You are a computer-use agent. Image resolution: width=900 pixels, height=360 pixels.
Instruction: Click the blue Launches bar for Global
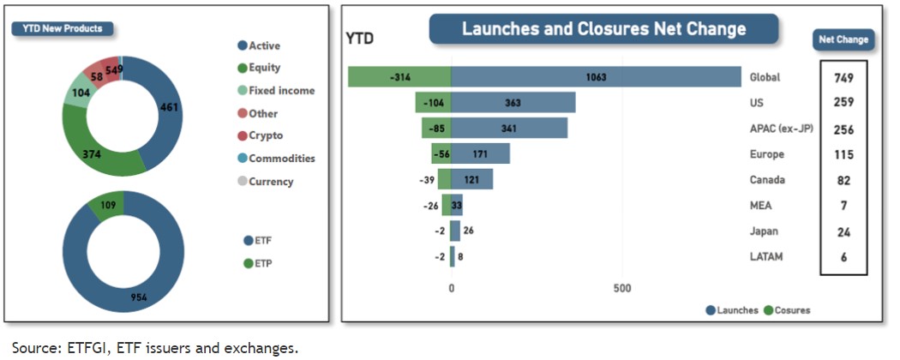pos(596,77)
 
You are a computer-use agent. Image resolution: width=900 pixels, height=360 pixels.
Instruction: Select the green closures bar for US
pos(433,103)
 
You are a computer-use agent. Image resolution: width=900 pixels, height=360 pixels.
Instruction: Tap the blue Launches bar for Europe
pos(480,154)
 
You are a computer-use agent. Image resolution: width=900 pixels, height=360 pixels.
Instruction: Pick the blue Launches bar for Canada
pos(471,180)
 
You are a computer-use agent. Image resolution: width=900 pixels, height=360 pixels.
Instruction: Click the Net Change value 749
pos(843,78)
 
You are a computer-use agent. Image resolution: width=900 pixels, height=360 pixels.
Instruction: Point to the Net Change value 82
pos(843,181)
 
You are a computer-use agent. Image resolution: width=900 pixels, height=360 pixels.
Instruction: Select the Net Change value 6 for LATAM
pos(843,257)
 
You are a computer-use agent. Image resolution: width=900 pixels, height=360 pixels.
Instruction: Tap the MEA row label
pos(760,206)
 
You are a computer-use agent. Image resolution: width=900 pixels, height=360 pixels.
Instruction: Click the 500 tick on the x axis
pos(622,289)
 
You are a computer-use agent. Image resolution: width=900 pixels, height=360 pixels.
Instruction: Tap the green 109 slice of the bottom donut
pos(107,207)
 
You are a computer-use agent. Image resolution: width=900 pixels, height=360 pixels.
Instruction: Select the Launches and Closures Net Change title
pos(603,28)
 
